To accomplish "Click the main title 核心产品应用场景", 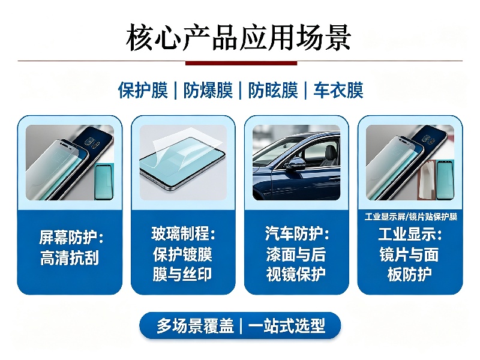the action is pos(238,38).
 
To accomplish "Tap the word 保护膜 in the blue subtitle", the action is pos(143,91).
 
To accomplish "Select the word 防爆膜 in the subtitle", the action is pos(208,91).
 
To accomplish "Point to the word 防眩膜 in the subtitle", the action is pos(273,91).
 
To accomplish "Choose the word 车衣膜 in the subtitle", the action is pos(338,91).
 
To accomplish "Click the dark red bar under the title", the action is pos(241,63).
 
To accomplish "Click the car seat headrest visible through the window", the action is pos(330,151).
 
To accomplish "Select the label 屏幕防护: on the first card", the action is pos(71,237).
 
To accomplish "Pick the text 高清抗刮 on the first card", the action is pos(70,257).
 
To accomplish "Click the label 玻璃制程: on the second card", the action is pos(184,233).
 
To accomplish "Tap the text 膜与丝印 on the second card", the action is pos(182,274).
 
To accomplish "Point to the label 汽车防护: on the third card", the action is pos(297,233).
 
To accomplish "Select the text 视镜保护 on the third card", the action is pos(296,274).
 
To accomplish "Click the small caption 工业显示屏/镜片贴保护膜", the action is pos(411,217).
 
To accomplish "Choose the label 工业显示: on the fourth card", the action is pos(410,234).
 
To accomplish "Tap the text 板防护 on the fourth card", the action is pos(410,274).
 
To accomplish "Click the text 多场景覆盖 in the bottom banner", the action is pos(196,326).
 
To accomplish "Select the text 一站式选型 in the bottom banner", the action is pos(287,326).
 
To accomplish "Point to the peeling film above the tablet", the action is pos(187,145).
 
